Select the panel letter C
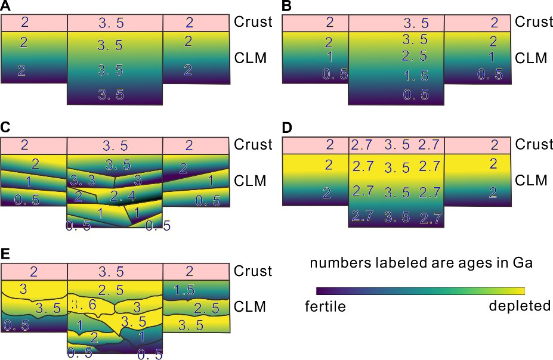[x=5, y=129]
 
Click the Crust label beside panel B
[x=534, y=23]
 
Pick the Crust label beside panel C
[x=254, y=145]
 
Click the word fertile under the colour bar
[x=325, y=307]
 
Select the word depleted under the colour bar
[x=519, y=306]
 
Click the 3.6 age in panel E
[x=84, y=305]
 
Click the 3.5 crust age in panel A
[x=115, y=23]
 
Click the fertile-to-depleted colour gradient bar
[x=420, y=290]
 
